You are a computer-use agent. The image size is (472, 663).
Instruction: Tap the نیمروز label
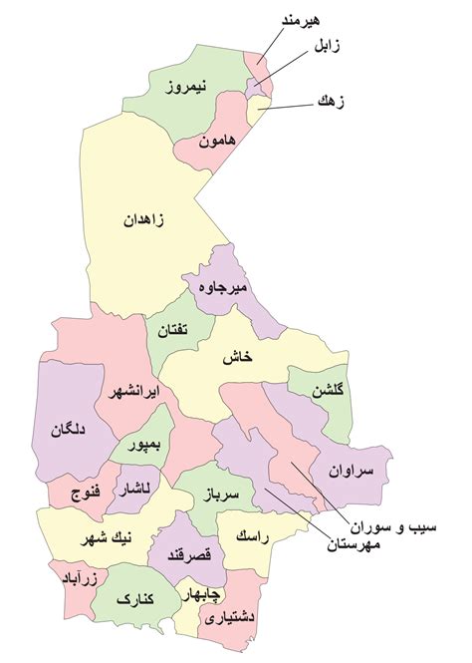188,90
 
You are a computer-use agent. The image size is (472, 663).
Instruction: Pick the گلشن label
325,393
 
